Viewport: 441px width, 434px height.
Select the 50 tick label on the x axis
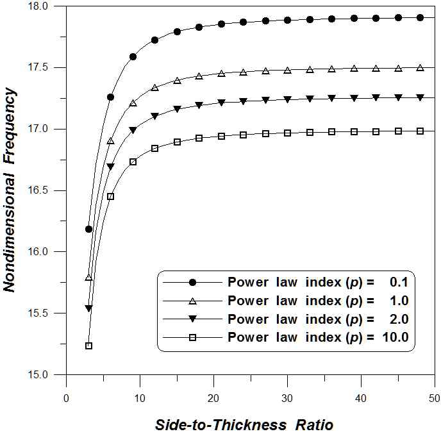[x=435, y=398]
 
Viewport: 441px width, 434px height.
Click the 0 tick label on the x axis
[x=67, y=398]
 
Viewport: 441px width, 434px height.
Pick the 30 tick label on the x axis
[x=287, y=398]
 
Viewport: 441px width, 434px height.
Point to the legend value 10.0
[x=393, y=337]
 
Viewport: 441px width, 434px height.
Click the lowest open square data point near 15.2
[x=88, y=346]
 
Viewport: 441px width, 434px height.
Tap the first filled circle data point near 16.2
[x=88, y=229]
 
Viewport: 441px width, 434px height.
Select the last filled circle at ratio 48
[x=420, y=18]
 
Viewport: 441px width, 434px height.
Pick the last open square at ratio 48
[x=420, y=131]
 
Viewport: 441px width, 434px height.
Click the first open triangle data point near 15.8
[x=88, y=278]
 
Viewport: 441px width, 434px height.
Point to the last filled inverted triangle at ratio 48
[x=420, y=97]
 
